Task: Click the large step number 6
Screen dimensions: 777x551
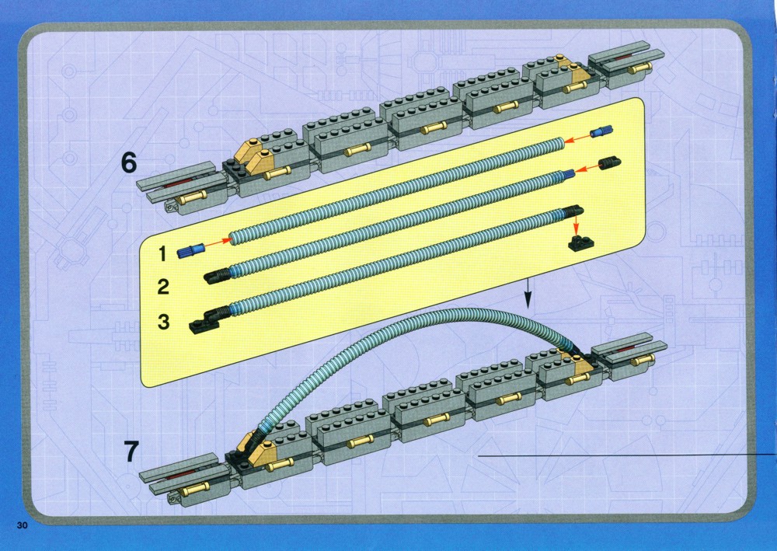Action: click(x=128, y=163)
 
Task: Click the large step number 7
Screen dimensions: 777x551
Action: click(x=131, y=452)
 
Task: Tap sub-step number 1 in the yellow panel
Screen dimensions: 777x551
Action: click(x=162, y=253)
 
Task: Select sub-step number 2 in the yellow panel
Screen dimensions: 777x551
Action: click(x=163, y=287)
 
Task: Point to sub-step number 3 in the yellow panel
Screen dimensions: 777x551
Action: click(x=163, y=322)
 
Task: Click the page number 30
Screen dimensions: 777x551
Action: click(x=23, y=525)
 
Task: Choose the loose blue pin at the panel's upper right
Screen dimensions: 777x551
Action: click(x=601, y=131)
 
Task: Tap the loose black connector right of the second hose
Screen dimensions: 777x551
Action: click(x=611, y=163)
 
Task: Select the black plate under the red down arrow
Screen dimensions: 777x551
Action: click(x=578, y=242)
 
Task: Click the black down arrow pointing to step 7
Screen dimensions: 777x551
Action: click(x=528, y=293)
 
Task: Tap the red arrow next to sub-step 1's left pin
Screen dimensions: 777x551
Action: click(x=218, y=242)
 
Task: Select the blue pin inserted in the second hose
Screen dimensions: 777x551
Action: click(x=568, y=173)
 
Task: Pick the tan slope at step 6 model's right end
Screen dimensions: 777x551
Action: click(x=575, y=71)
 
